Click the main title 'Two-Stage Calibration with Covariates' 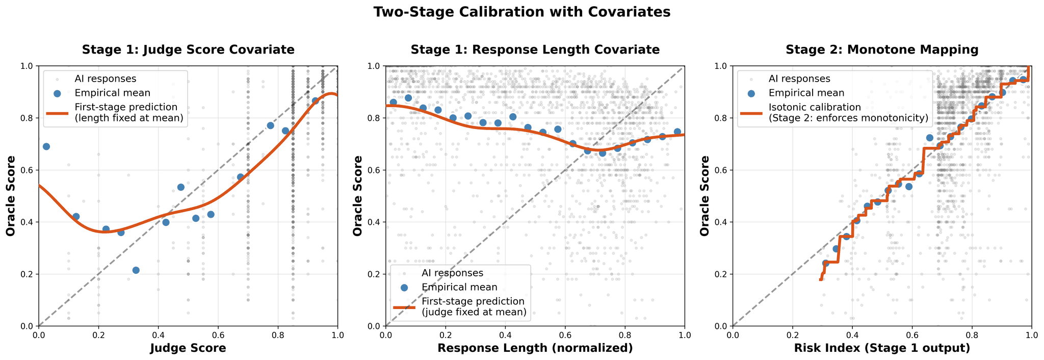(x=521, y=12)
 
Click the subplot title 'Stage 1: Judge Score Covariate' (x=188, y=49)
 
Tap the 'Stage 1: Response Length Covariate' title (x=535, y=49)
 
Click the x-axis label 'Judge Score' (x=188, y=348)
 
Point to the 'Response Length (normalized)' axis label (x=535, y=348)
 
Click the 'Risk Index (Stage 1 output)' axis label (x=882, y=348)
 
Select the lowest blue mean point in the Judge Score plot (x=136, y=270)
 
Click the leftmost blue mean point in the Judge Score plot (x=46, y=146)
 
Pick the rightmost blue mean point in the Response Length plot (x=677, y=132)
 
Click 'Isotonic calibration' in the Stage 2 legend (x=815, y=107)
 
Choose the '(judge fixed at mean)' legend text (x=474, y=312)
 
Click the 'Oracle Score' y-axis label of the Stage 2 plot (x=705, y=196)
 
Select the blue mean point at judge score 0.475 (x=180, y=187)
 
